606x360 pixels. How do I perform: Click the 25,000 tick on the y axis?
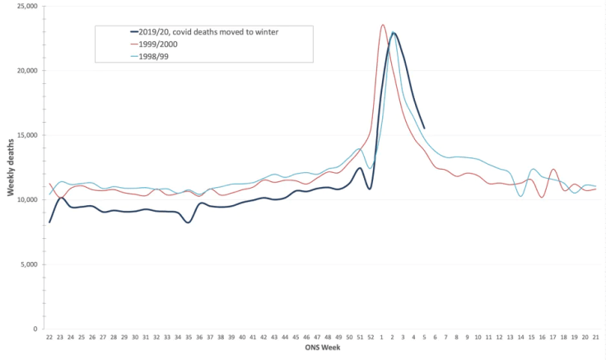click(x=26, y=7)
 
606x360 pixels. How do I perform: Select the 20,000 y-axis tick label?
click(x=26, y=71)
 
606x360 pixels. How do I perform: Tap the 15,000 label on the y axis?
click(x=26, y=135)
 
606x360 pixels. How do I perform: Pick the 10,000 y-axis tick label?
click(x=26, y=200)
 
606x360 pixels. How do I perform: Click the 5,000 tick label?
click(x=29, y=264)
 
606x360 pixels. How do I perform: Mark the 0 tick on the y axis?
click(x=36, y=329)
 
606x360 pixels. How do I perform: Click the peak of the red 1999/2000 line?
click(x=383, y=25)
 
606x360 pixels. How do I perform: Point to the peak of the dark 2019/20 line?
click(x=394, y=33)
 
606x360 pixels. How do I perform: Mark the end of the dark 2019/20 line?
click(x=424, y=128)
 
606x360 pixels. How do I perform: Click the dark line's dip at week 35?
click(x=189, y=222)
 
